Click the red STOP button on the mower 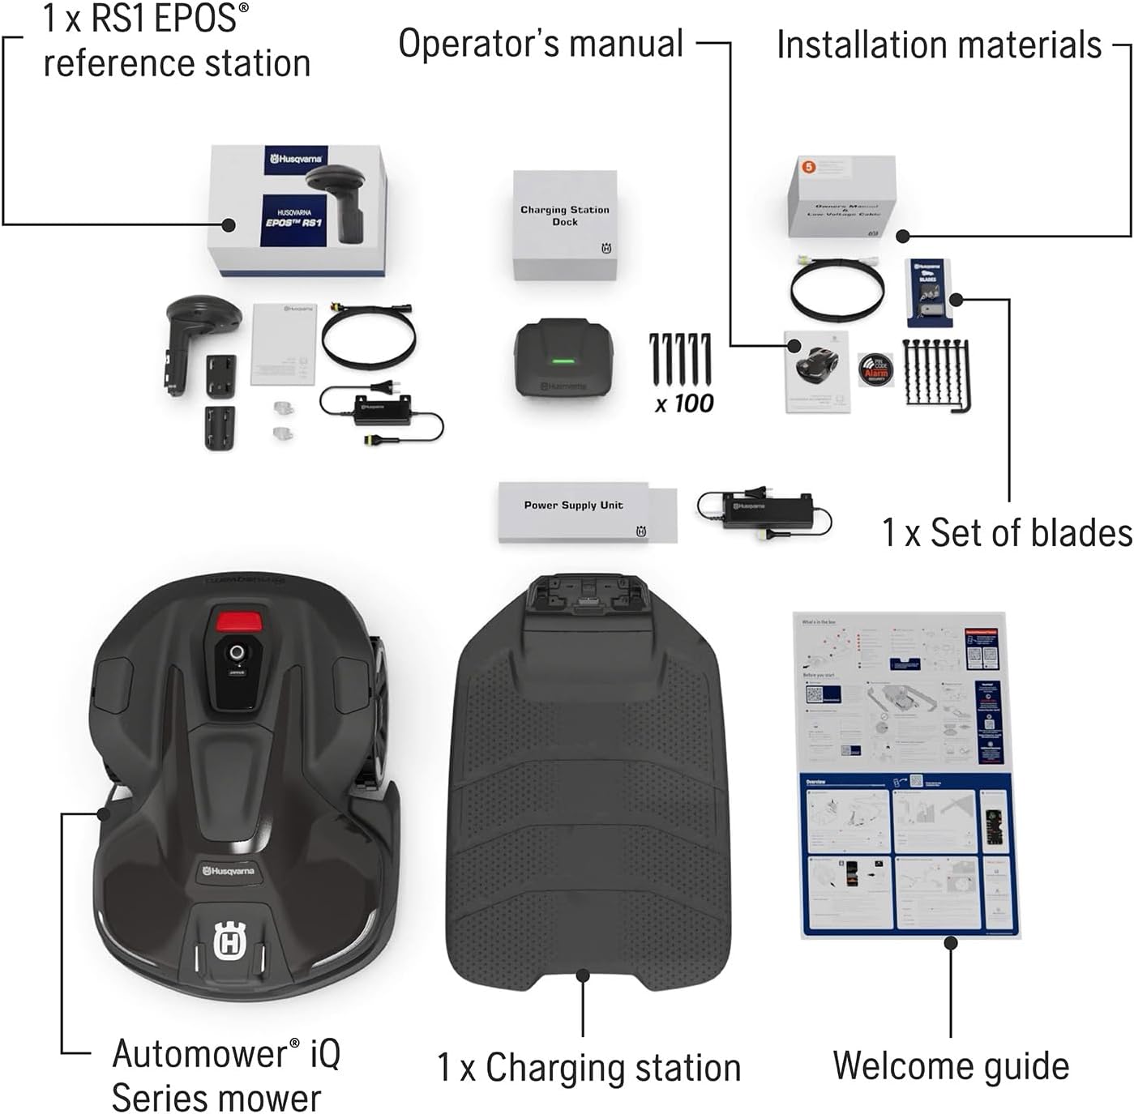tap(238, 621)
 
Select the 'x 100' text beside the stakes tap(684, 403)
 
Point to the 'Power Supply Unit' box tap(587, 512)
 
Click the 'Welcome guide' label tap(951, 1065)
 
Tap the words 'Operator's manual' tap(541, 44)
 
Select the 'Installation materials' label tap(939, 45)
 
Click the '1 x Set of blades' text tap(1007, 533)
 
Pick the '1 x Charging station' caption tap(588, 1067)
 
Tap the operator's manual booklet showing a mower tap(817, 371)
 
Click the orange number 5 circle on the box tap(808, 167)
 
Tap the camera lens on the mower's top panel tap(237, 653)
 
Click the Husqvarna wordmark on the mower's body tap(229, 871)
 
